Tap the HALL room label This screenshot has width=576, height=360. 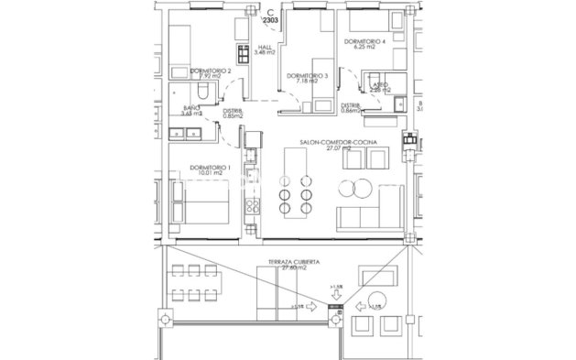[x=266, y=49]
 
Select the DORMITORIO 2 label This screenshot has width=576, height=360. [x=210, y=71]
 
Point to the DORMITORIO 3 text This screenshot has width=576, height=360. [x=306, y=75]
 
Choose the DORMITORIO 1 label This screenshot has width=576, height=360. [x=210, y=167]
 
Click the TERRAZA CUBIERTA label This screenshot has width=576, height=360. [x=293, y=261]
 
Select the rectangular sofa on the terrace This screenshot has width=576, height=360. [x=376, y=276]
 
